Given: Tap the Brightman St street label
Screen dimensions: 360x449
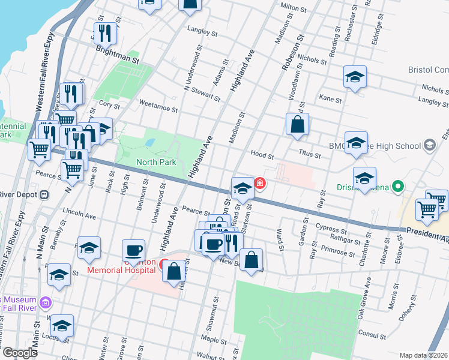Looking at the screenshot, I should coord(117,61).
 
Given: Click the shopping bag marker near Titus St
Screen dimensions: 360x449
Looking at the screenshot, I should coord(297,125).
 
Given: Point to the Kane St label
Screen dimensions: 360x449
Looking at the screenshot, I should coord(330,98).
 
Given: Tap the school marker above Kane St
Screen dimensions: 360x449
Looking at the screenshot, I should coord(355,77).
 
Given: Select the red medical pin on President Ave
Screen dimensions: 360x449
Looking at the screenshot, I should coord(260,183).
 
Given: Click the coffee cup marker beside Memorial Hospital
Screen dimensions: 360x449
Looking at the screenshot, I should coord(133,250).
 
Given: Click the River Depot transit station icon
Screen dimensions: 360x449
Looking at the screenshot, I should coord(44,194).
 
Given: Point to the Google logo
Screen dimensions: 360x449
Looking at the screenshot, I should coord(19,353).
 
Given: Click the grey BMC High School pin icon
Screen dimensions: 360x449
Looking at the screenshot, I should coord(429,145).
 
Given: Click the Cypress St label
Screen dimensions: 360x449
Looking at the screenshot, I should coord(335,229).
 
